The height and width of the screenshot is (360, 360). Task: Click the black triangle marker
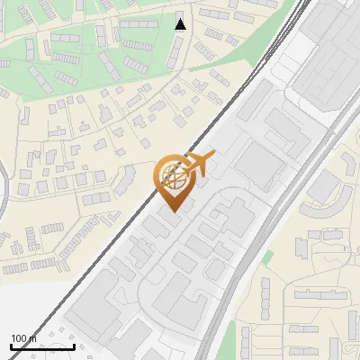point(181,24)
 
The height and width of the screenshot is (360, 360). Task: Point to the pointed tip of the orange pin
point(171,211)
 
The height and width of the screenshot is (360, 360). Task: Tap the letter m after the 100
point(33,338)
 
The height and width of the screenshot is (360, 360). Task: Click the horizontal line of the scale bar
point(42,346)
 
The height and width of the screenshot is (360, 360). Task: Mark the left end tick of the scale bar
point(11,346)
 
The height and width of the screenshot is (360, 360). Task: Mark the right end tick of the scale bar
point(74,346)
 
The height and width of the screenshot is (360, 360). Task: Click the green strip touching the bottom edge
point(244,342)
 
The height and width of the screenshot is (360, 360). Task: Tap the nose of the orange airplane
point(214,157)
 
